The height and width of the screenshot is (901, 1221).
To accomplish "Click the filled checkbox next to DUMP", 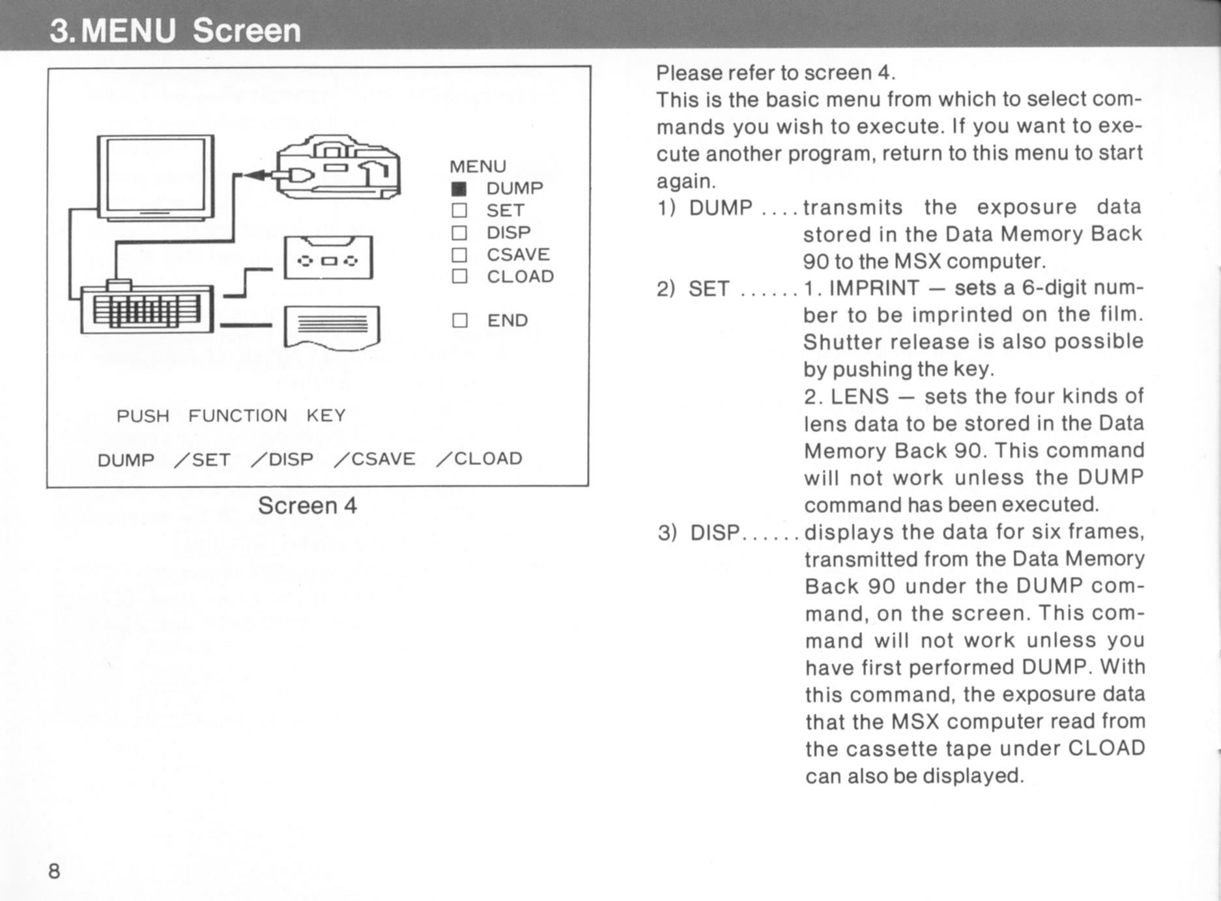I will (459, 189).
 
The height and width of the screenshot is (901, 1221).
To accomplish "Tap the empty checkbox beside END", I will (459, 320).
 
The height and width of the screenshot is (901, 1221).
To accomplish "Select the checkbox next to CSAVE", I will (459, 255).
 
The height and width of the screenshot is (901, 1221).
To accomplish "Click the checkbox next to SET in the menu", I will (459, 210).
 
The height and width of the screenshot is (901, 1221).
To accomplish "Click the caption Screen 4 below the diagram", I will (308, 506).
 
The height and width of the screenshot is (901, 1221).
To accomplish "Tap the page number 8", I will (54, 871).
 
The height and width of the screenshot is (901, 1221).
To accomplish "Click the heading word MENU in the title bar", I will (130, 31).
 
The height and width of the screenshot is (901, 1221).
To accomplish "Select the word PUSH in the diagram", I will (143, 416).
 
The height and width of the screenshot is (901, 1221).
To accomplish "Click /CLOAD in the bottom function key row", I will (480, 459).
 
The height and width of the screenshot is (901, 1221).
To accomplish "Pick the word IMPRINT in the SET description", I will (874, 288).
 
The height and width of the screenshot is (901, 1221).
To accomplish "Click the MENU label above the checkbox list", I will (478, 167).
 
